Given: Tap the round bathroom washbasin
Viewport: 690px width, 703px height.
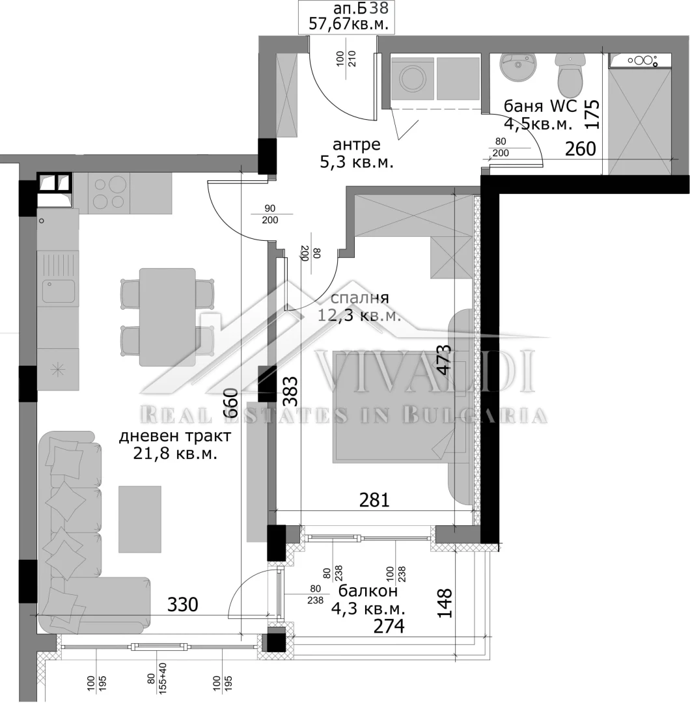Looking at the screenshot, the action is [518, 67].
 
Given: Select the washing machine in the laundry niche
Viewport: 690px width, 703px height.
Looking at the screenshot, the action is [413, 79].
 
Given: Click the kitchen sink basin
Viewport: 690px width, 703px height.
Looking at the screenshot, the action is [59, 291].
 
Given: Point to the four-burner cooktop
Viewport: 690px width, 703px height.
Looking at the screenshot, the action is [109, 193].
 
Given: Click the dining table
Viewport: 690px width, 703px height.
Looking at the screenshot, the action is [167, 317].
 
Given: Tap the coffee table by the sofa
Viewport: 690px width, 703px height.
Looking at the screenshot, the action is [140, 519].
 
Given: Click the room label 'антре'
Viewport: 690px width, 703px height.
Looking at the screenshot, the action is [357, 145].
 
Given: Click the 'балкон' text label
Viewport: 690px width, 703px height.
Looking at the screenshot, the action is [368, 591].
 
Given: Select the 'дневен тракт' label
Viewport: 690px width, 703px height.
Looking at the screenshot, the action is [175, 435].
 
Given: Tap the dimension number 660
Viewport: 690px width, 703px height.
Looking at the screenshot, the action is [230, 403].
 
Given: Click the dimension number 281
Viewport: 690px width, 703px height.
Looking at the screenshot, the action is [374, 500].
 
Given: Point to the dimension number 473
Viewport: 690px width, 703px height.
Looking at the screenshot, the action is [443, 359].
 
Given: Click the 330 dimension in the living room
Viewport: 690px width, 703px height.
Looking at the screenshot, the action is [182, 605].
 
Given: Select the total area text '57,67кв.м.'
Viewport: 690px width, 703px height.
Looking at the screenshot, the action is [348, 24].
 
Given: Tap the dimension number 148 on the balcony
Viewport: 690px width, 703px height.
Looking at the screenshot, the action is [445, 603].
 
